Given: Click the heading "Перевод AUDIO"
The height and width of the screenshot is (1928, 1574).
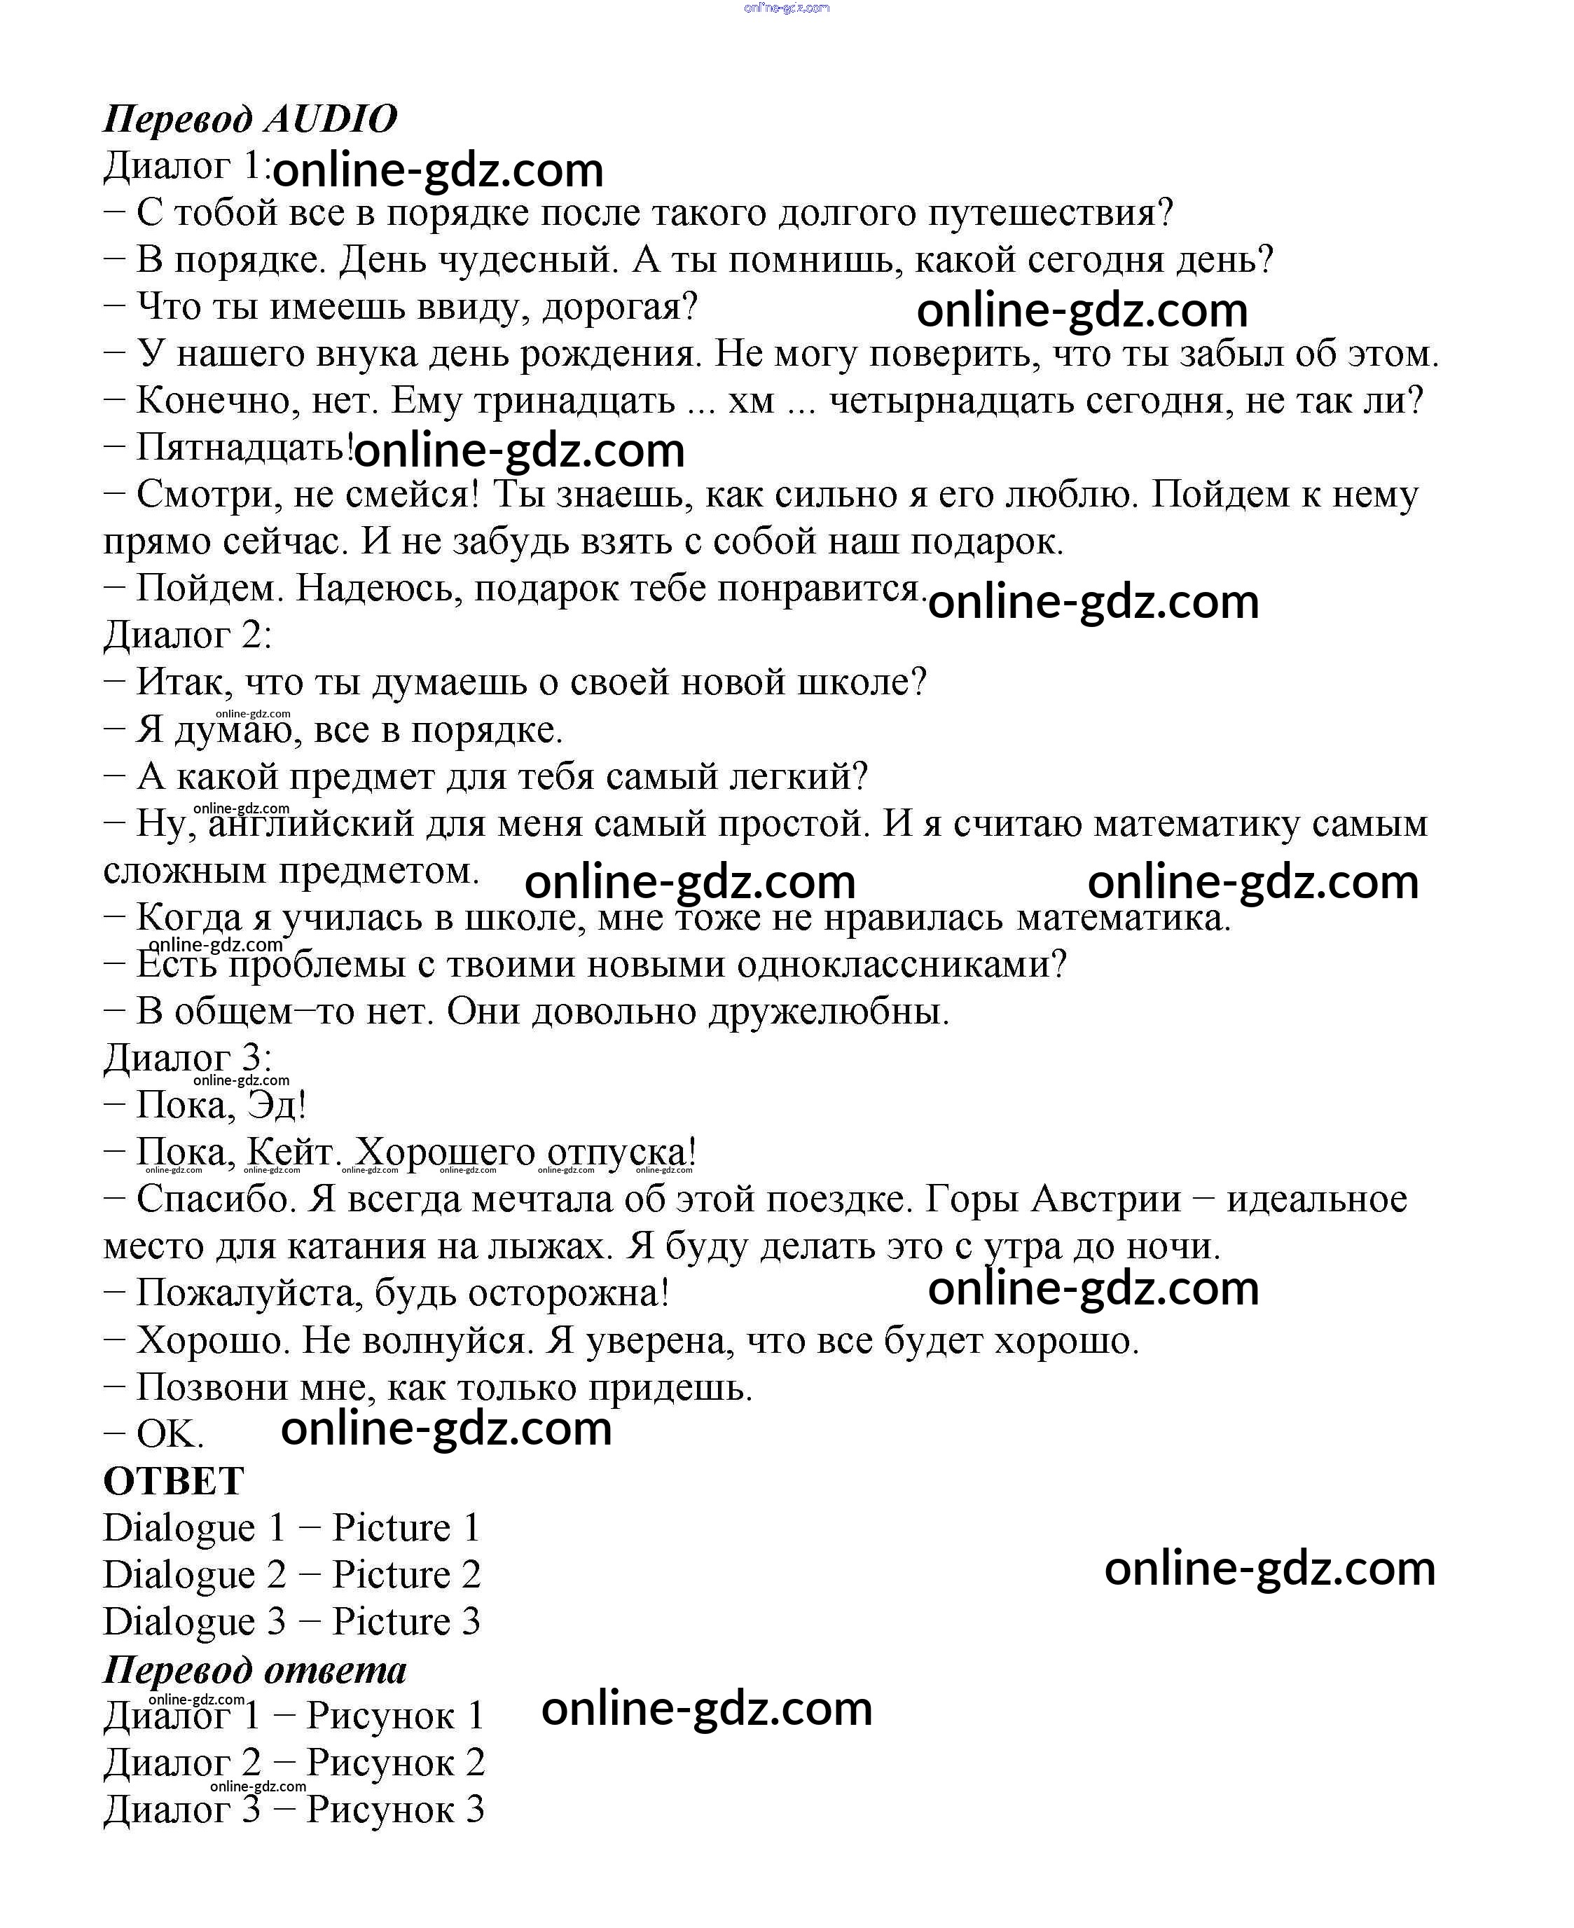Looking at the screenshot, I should [x=250, y=119].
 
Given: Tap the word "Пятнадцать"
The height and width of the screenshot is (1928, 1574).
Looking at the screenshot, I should [x=244, y=447].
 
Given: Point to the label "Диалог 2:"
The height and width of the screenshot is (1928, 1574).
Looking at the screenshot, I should [x=188, y=635].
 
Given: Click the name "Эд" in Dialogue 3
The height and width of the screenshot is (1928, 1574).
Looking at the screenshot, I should [x=277, y=1106].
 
